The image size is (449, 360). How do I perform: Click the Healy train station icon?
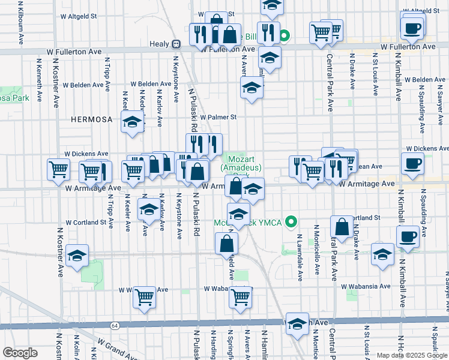(x=176, y=44)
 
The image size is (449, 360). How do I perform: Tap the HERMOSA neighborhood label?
(x=91, y=119)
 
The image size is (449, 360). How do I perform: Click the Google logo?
(x=20, y=352)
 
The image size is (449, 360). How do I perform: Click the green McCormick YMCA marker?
(x=292, y=222)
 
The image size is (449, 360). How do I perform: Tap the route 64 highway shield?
(x=114, y=325)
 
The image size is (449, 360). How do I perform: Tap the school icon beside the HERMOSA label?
(x=132, y=123)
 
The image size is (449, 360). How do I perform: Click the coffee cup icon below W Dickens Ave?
(x=412, y=163)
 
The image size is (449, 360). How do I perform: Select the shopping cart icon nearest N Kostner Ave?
(x=58, y=169)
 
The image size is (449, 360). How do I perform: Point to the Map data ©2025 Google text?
(x=411, y=355)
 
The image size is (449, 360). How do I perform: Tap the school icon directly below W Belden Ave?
(x=252, y=89)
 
